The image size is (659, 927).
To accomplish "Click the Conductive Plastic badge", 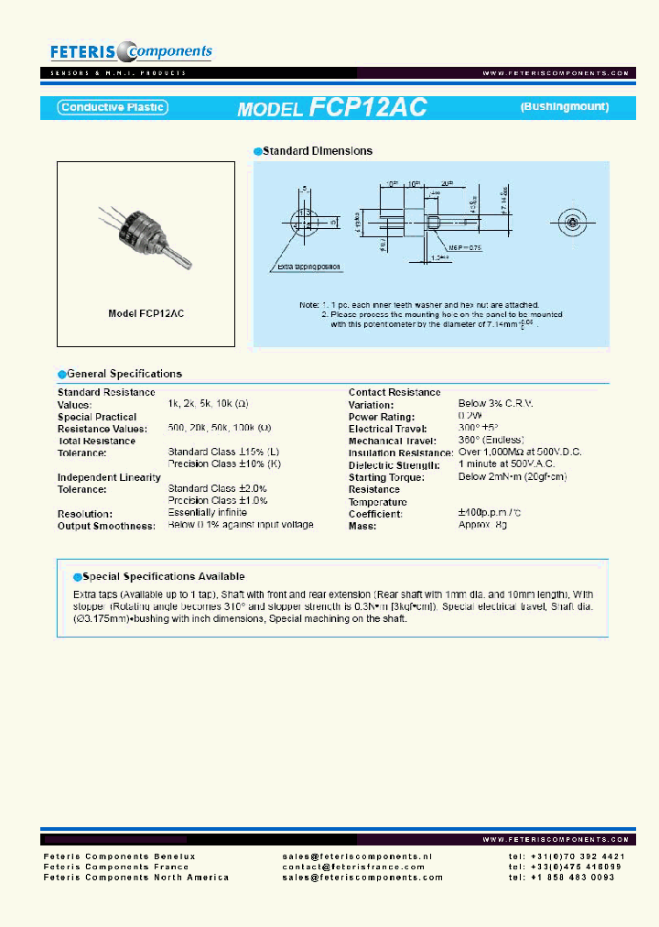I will coord(112,107).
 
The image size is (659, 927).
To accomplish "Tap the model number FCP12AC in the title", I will coord(368,107).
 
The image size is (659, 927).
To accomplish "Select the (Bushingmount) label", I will coord(565,107).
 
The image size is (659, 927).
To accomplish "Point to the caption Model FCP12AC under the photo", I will coord(146,313).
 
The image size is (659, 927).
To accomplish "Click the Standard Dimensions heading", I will coord(317,151).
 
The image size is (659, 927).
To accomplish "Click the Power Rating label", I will coord(381,417).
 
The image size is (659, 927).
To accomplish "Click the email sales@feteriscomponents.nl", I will coord(357,856).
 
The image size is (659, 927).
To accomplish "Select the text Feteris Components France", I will coord(116,867).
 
